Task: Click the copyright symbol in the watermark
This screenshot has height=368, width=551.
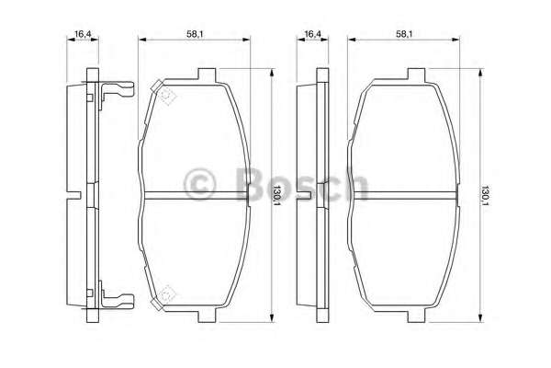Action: [199, 184]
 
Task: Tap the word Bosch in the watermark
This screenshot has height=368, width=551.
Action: [294, 184]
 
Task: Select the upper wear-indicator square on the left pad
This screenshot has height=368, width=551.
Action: [163, 91]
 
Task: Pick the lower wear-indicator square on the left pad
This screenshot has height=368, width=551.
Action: [163, 296]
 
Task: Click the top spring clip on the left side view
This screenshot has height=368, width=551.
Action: [114, 90]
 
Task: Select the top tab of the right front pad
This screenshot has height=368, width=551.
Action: [413, 75]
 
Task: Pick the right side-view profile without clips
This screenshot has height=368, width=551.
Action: [321, 194]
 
